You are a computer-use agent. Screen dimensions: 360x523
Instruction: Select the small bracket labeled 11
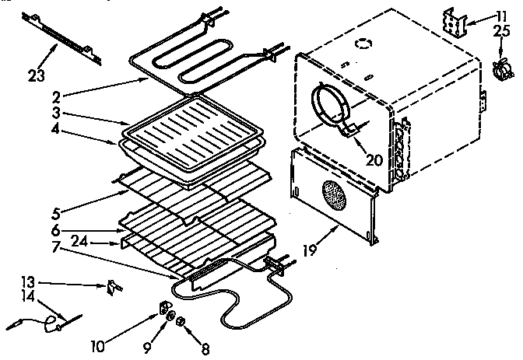coord(458,22)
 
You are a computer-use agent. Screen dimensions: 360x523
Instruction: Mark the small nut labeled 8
coord(179,321)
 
